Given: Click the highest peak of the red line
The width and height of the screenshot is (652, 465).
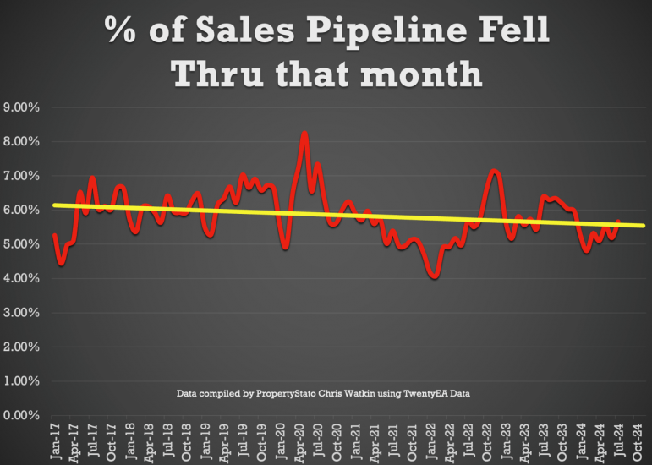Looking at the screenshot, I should click(x=304, y=134).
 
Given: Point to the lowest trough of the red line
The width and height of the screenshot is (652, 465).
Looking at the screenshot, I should click(x=435, y=276).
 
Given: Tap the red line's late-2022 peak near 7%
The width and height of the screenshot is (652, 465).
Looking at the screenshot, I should click(x=495, y=172).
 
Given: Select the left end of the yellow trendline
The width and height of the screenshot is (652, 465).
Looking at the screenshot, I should click(x=54, y=205).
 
